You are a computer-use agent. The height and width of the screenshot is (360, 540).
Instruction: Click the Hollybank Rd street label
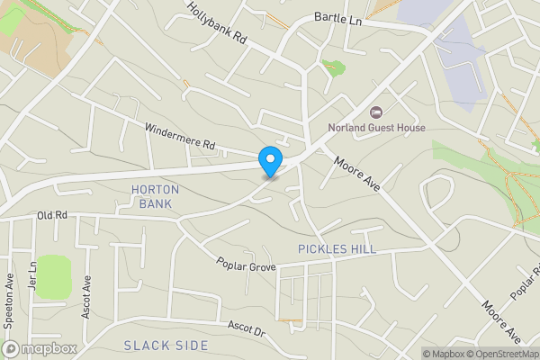click(x=216, y=22)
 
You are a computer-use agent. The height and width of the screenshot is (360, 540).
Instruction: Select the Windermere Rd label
click(x=181, y=137)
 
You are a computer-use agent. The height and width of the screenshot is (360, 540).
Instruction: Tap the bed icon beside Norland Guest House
click(x=376, y=112)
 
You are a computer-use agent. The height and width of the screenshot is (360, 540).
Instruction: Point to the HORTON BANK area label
click(x=155, y=196)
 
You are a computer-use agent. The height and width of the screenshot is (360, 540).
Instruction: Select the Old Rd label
click(x=53, y=216)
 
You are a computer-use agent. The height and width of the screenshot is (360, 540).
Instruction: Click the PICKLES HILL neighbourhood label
click(x=336, y=248)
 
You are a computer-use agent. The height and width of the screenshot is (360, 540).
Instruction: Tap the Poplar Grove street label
click(x=245, y=265)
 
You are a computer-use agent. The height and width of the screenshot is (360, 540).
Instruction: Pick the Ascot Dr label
click(x=247, y=328)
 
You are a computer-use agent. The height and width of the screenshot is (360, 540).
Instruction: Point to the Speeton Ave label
click(x=8, y=292)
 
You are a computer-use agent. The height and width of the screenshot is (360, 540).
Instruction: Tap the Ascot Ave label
click(x=87, y=291)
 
